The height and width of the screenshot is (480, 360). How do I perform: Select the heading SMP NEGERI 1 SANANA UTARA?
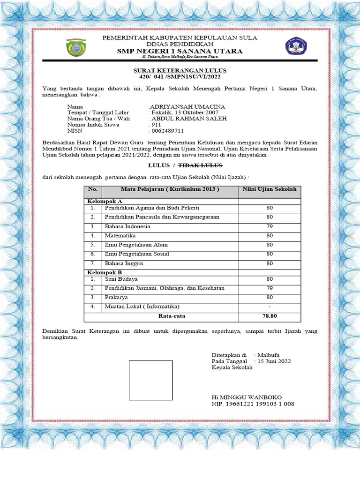click(x=180, y=51)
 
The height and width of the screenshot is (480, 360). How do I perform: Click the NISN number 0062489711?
click(x=167, y=131)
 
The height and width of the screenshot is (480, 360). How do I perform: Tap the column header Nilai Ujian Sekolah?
click(x=270, y=189)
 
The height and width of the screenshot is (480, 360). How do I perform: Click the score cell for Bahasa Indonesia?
click(x=270, y=226)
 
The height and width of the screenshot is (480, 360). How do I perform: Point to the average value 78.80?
click(x=270, y=316)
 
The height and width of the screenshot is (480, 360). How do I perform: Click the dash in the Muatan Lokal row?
click(x=270, y=307)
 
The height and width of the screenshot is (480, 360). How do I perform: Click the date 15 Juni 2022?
click(x=273, y=361)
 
